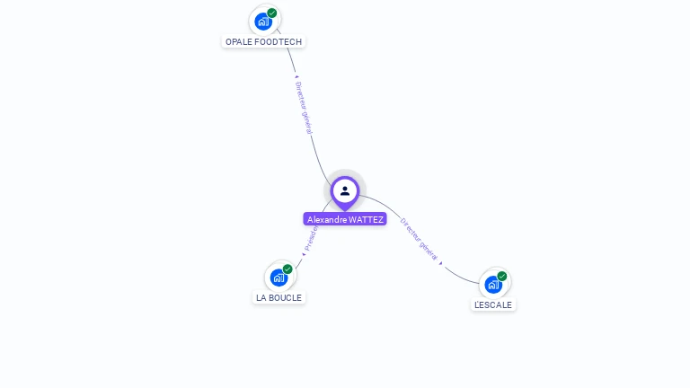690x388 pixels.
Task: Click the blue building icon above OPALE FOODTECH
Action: [262, 21]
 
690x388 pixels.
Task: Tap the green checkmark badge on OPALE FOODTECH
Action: [272, 13]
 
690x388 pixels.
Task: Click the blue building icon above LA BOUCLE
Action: [279, 277]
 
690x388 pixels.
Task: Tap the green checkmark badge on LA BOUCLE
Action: [287, 269]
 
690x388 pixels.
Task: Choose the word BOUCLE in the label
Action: [286, 297]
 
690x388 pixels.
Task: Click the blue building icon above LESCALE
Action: [492, 284]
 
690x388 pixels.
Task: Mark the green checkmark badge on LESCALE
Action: [502, 276]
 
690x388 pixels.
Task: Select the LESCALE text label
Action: [493, 304]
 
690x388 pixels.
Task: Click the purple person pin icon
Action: [345, 191]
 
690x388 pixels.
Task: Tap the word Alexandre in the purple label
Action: [327, 219]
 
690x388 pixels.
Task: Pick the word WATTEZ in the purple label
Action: [366, 219]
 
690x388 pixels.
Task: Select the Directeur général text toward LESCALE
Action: [419, 239]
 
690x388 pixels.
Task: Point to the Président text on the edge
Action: [311, 238]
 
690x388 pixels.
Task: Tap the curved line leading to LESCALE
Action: [458, 274]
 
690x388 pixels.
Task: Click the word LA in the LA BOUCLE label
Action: [261, 297]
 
